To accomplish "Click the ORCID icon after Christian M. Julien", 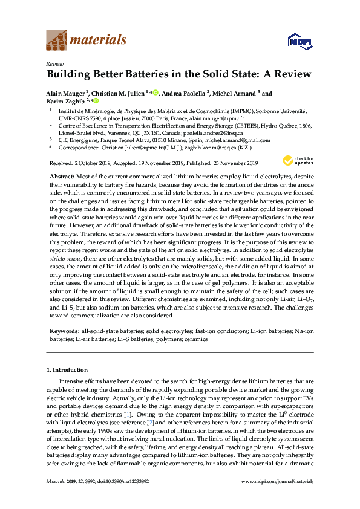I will pyautogui.click(x=155, y=93).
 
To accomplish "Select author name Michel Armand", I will pyautogui.click(x=234, y=94).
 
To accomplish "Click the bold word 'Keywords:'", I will pyautogui.click(x=62, y=331).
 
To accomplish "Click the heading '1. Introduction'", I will pyautogui.click(x=67, y=369).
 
